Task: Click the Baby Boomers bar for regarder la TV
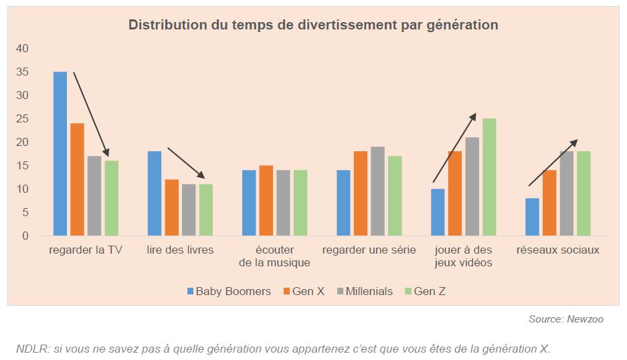pos(60,154)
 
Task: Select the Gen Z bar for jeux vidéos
pos(489,177)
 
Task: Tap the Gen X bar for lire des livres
pos(171,207)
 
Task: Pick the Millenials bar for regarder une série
pos(378,191)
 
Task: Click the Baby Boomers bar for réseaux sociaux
pos(532,217)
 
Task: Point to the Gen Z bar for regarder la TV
pos(111,198)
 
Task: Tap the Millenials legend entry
pos(362,291)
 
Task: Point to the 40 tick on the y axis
pos(23,49)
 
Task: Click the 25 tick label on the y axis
pos(23,119)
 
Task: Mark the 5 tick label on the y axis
pos(25,213)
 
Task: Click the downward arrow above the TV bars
pos(91,114)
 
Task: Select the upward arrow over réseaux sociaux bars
pos(553,163)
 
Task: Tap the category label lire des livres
pos(180,250)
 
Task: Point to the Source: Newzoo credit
pos(565,319)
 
